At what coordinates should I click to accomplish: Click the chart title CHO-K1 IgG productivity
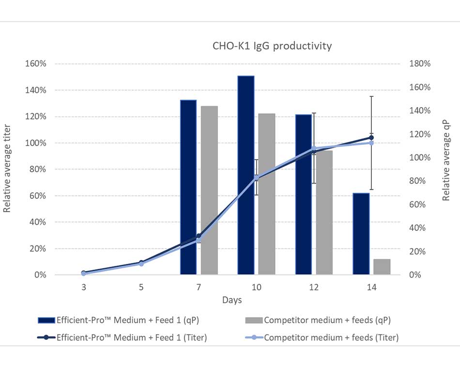click(x=272, y=46)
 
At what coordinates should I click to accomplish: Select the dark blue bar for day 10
click(x=246, y=175)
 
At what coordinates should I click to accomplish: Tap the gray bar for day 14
click(x=382, y=267)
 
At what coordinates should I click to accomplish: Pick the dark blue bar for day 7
click(x=188, y=187)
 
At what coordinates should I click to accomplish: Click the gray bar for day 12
click(x=324, y=213)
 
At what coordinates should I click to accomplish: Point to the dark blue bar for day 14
click(x=361, y=234)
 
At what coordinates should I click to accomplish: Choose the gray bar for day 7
click(x=209, y=190)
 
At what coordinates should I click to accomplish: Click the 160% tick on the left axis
click(x=36, y=64)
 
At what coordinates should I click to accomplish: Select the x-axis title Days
click(x=232, y=300)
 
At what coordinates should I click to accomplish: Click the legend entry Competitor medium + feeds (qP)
click(x=327, y=320)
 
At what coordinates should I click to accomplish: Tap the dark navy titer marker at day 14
click(x=371, y=138)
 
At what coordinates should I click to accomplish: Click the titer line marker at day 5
click(x=141, y=263)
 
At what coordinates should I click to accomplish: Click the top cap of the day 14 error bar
click(x=371, y=96)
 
